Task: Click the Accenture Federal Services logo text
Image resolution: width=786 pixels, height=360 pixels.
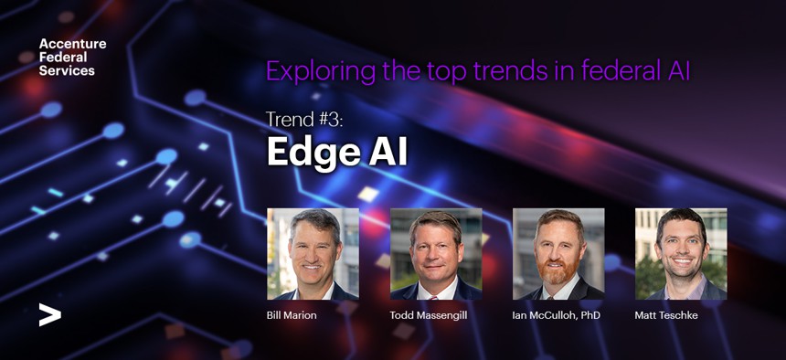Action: (x=73, y=58)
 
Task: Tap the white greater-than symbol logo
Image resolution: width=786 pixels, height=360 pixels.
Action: (x=50, y=315)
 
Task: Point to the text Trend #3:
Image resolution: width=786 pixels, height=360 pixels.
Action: (x=304, y=120)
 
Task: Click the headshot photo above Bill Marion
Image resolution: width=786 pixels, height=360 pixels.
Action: (x=313, y=254)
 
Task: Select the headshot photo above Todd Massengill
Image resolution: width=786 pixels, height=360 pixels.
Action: (x=436, y=254)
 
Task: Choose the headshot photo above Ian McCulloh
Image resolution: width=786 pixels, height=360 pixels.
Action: (x=558, y=254)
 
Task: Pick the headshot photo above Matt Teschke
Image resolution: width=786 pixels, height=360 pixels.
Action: (x=681, y=254)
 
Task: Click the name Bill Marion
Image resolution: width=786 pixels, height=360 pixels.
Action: (x=292, y=315)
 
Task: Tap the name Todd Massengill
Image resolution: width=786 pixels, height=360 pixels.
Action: (x=429, y=316)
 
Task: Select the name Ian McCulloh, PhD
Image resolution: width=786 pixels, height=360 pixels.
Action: (x=556, y=316)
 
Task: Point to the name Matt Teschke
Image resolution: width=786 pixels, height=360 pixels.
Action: (x=666, y=315)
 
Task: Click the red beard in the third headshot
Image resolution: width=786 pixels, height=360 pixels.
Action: (x=558, y=272)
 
